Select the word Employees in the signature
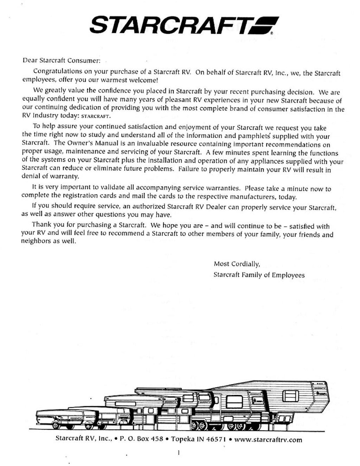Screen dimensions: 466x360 288,275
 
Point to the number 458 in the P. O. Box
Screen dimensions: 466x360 157,439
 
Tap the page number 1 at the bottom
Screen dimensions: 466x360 179,453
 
